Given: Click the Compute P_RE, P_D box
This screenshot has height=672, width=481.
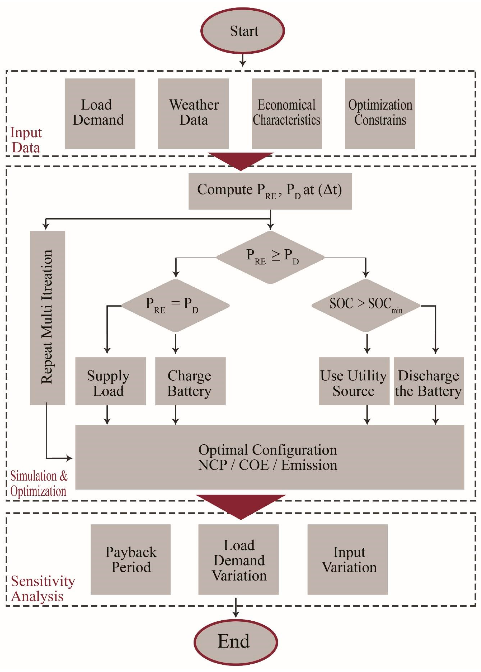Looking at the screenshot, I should (x=270, y=191).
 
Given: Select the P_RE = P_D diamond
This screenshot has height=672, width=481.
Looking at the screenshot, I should (x=175, y=305).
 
